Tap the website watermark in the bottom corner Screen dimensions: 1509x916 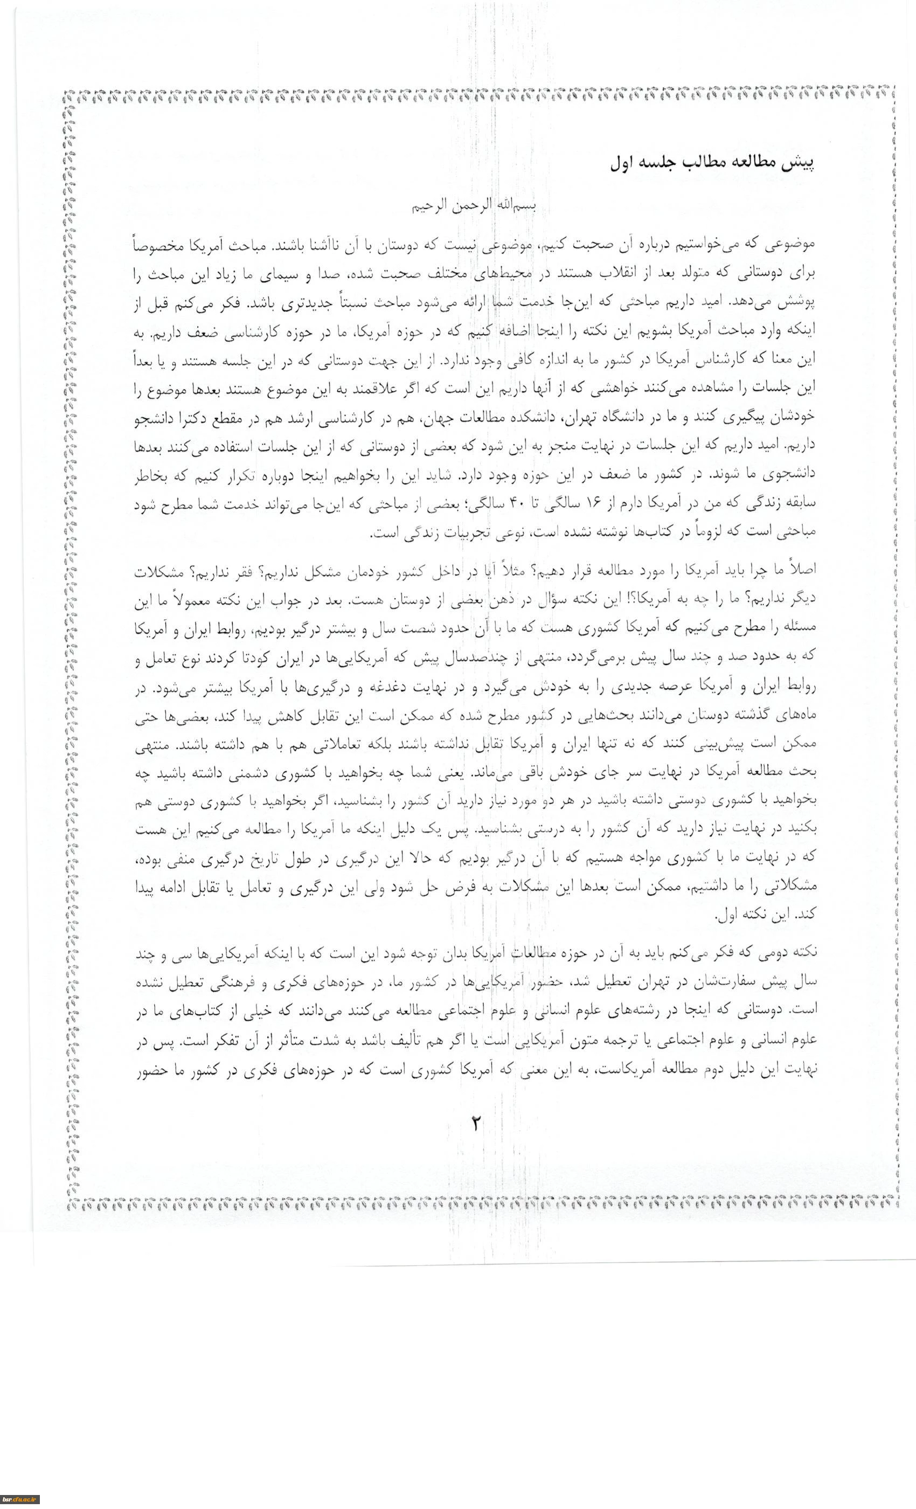point(19,1499)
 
